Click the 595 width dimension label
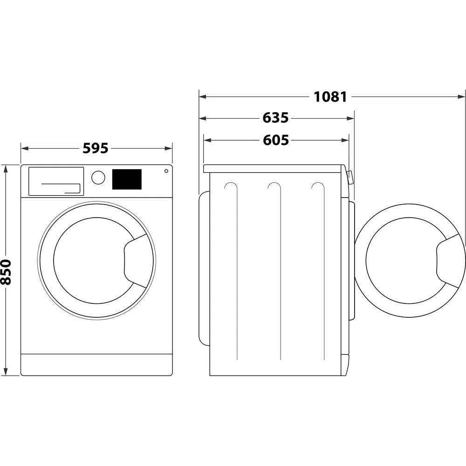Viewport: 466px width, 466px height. [x=96, y=149]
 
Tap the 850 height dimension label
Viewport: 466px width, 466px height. [x=6, y=272]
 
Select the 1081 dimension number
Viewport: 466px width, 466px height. [x=330, y=97]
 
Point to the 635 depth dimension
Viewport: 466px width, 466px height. [x=275, y=118]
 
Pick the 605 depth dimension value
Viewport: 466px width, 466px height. [x=275, y=140]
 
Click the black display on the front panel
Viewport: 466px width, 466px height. [x=127, y=179]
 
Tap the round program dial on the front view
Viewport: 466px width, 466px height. [x=98, y=178]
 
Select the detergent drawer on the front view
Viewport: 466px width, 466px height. [x=56, y=181]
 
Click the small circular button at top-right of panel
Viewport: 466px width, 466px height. [x=166, y=171]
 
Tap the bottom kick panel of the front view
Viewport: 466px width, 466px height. [x=96, y=364]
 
